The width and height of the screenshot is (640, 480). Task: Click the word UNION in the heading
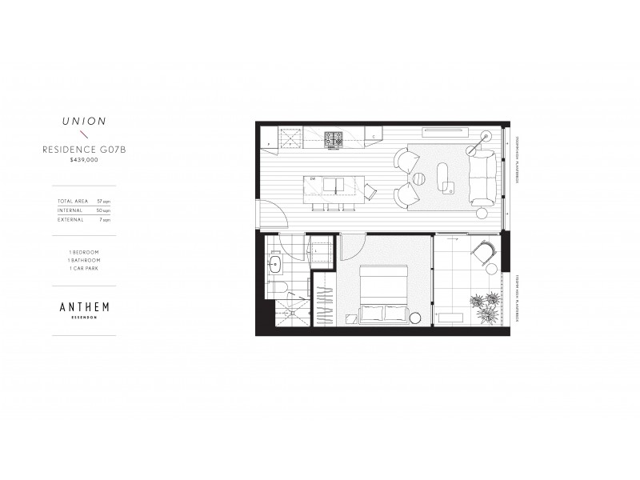pos(83,122)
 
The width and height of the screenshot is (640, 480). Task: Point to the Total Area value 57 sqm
pos(103,200)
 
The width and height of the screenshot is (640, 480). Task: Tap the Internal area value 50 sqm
pos(103,210)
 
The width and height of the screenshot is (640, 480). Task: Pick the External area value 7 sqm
pos(104,219)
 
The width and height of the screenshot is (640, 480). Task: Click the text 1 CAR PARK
pos(83,267)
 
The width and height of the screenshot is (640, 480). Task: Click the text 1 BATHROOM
pos(83,259)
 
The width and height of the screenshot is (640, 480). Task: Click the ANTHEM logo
pos(83,306)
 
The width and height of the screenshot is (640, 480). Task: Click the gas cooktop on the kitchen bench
pos(334,139)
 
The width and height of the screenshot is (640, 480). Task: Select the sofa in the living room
pos(482,178)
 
